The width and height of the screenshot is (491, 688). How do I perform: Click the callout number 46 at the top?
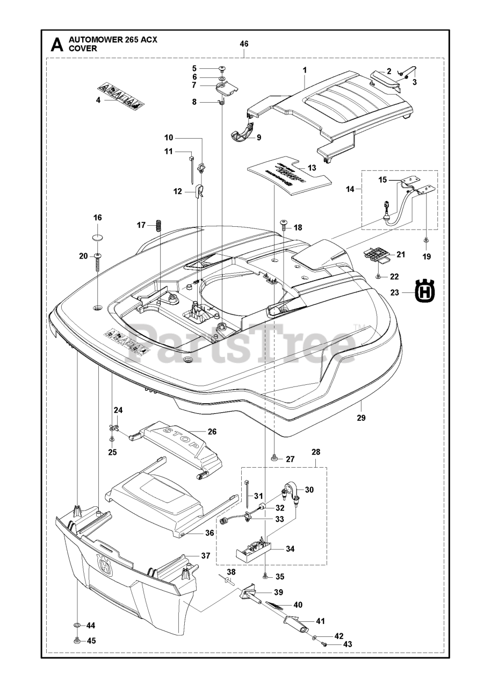[244, 43]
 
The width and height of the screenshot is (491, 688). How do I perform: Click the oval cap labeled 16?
[97, 237]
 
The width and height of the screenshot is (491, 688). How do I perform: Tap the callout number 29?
[360, 418]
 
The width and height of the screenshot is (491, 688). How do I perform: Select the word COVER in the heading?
[82, 48]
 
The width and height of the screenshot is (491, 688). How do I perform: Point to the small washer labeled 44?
[77, 626]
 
